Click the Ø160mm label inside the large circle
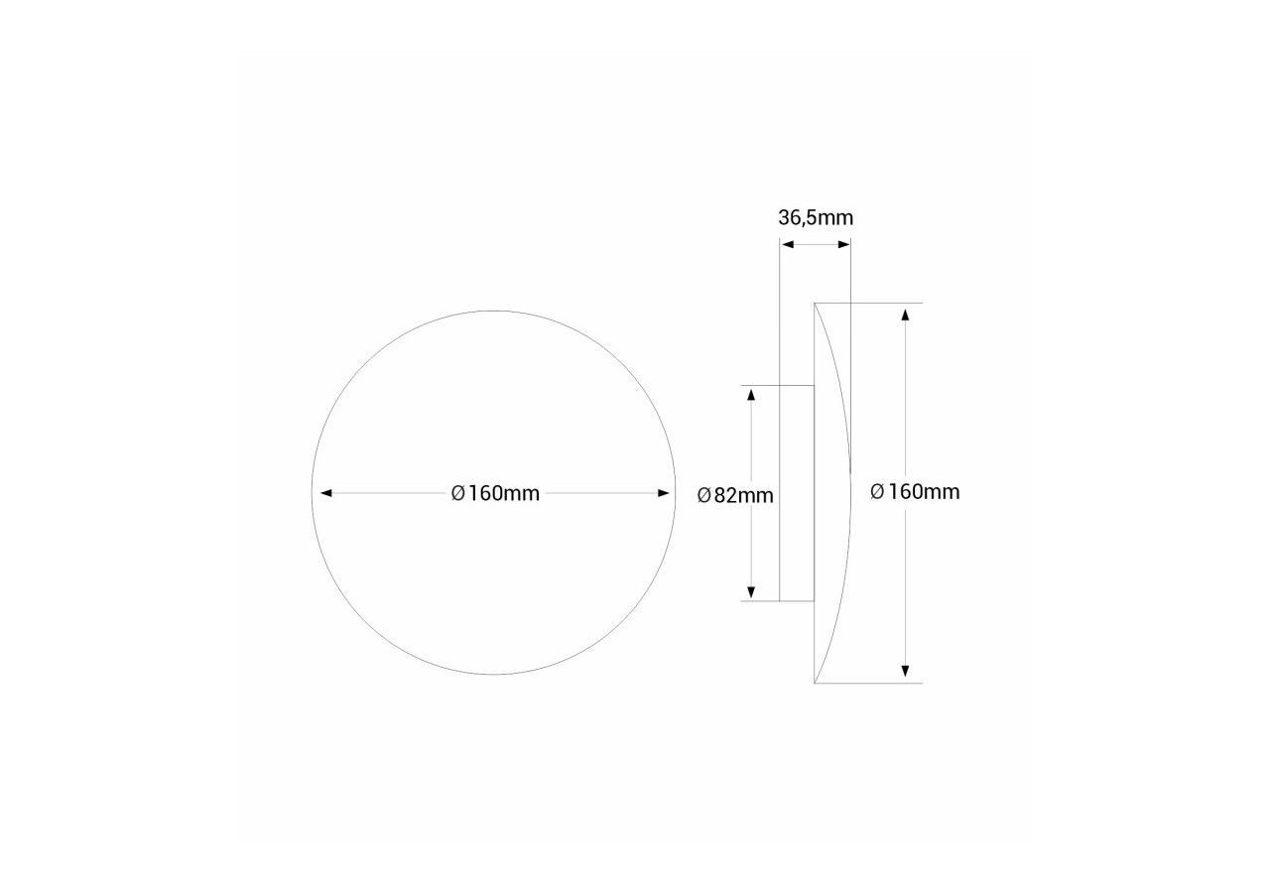click(x=495, y=493)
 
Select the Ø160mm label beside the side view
click(x=915, y=491)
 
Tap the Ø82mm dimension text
click(x=735, y=495)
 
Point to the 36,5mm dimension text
click(x=815, y=217)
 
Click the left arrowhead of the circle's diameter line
click(x=324, y=493)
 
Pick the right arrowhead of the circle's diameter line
click(x=665, y=493)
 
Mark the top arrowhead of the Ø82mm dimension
click(x=751, y=395)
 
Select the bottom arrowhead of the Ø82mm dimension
click(x=751, y=591)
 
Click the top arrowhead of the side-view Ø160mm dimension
click(x=905, y=314)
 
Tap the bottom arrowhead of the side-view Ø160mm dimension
click(x=905, y=672)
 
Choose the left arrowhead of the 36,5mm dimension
click(x=786, y=244)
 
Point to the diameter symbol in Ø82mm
click(x=703, y=495)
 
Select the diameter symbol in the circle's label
click(x=458, y=493)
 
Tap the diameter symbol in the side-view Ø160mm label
click(x=877, y=491)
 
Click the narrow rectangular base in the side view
click(x=797, y=493)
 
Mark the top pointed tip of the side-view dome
click(x=815, y=304)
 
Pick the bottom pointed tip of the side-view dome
click(x=815, y=683)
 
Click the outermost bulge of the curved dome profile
click(x=849, y=493)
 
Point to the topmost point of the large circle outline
click(x=494, y=312)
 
